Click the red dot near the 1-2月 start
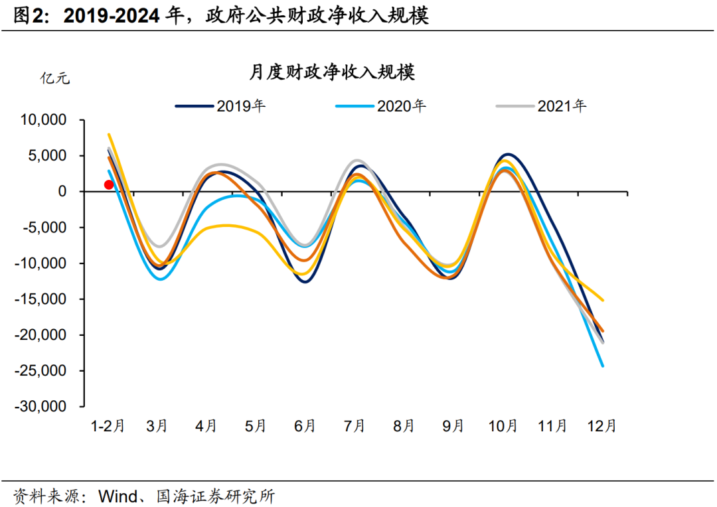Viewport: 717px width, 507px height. (109, 184)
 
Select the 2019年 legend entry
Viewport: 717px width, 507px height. (240, 106)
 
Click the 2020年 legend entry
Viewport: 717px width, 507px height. (401, 106)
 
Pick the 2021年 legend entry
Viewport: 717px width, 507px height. (562, 106)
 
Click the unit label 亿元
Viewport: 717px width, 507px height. (55, 78)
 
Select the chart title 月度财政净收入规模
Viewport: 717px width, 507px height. (332, 72)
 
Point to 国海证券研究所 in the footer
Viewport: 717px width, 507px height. (215, 496)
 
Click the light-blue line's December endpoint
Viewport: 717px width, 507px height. (603, 366)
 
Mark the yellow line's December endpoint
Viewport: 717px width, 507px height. (603, 300)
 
